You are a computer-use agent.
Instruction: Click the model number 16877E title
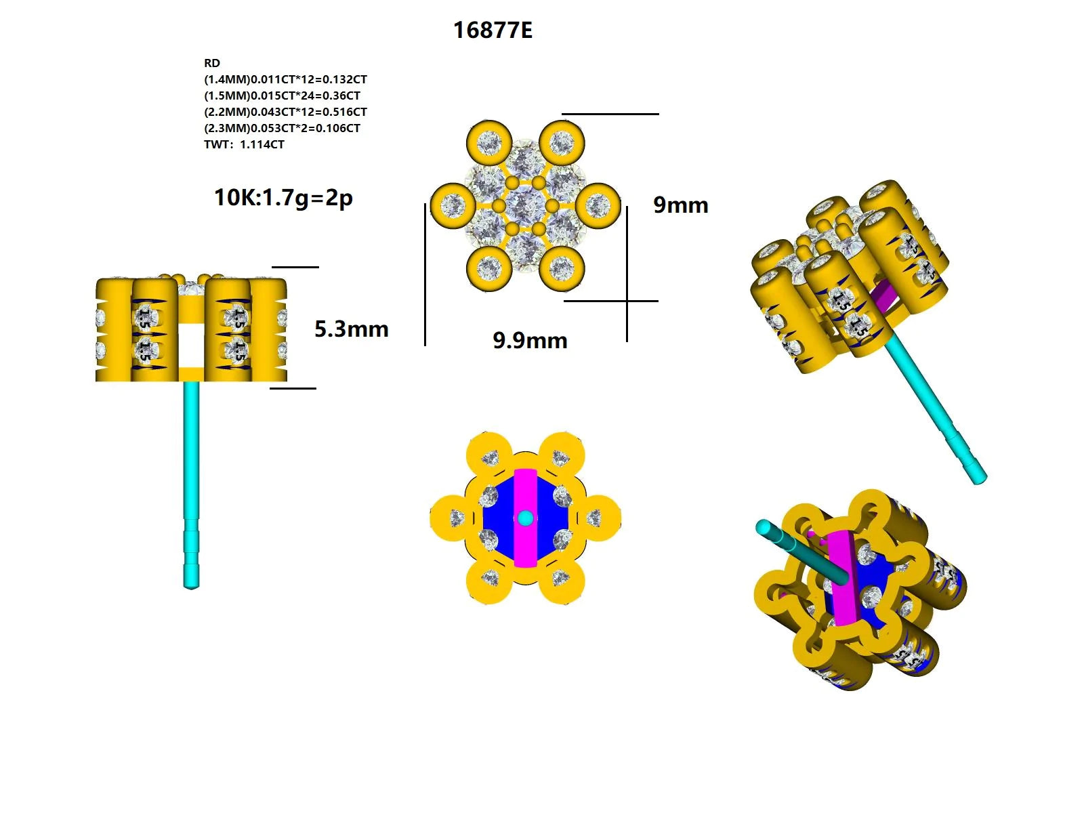[x=493, y=30]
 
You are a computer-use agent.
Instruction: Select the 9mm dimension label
[x=680, y=205]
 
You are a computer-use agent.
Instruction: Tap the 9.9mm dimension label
[x=530, y=340]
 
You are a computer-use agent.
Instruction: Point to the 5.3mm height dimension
[x=351, y=329]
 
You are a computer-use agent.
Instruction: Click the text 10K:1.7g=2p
[x=283, y=198]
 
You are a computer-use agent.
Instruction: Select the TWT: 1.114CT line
[x=244, y=144]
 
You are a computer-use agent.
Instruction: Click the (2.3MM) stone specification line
[x=282, y=128]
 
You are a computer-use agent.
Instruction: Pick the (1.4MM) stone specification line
[x=285, y=79]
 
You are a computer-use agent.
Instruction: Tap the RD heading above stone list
[x=212, y=63]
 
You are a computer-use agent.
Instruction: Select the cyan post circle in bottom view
[x=525, y=518]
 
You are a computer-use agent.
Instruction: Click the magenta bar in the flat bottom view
[x=525, y=488]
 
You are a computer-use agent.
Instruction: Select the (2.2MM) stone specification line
[x=285, y=112]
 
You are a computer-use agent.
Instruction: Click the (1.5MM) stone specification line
[x=282, y=96]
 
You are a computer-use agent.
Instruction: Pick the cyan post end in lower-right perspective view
[x=764, y=527]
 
